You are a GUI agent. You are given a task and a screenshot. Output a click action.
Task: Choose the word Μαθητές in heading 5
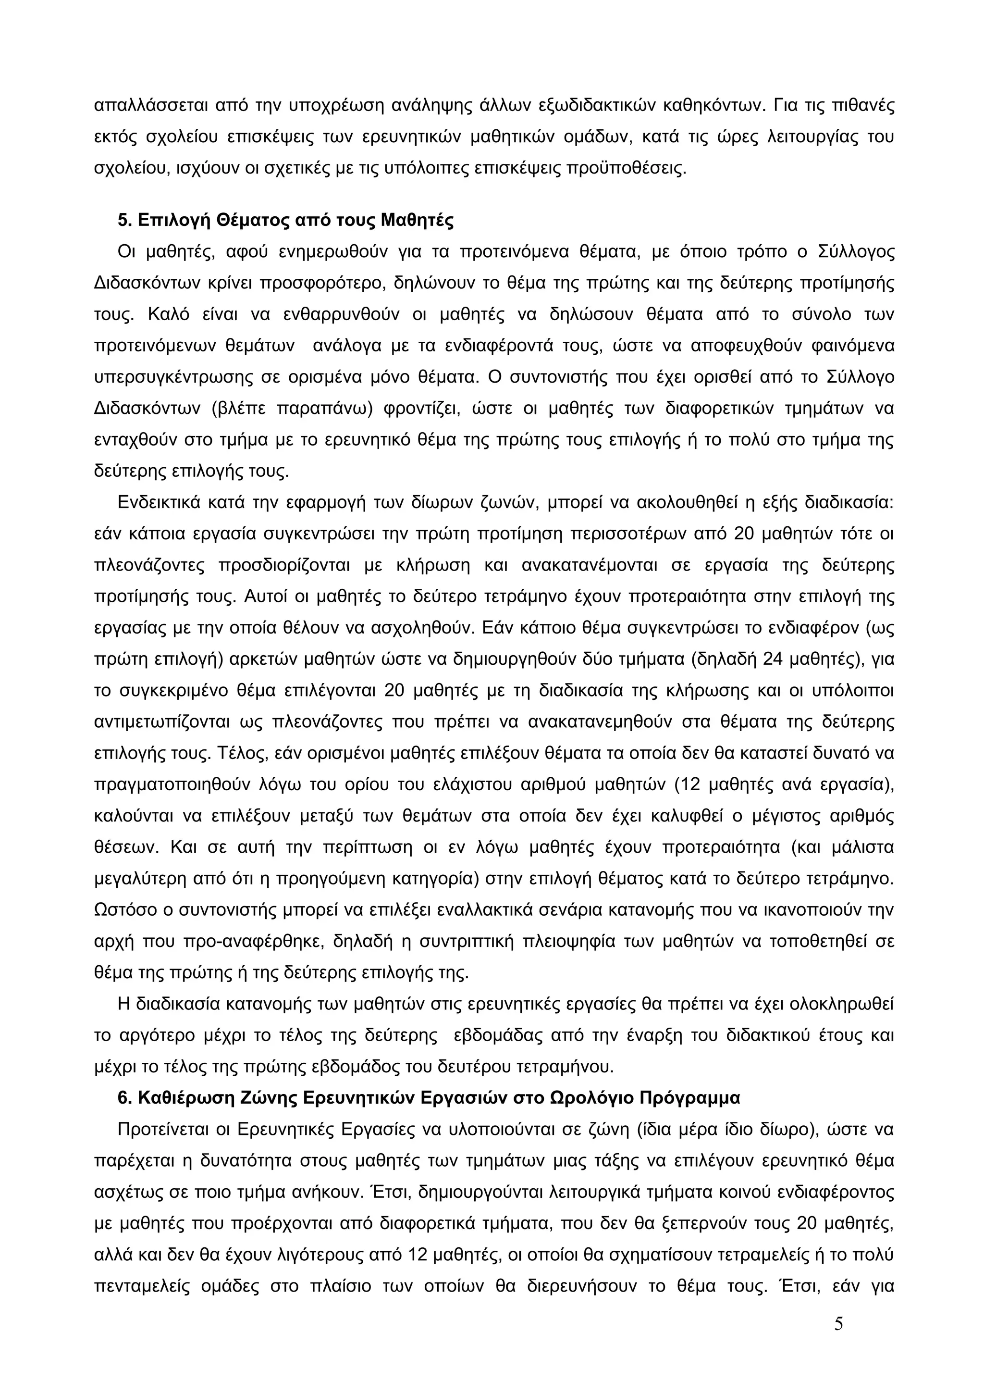pyautogui.click(x=417, y=220)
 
